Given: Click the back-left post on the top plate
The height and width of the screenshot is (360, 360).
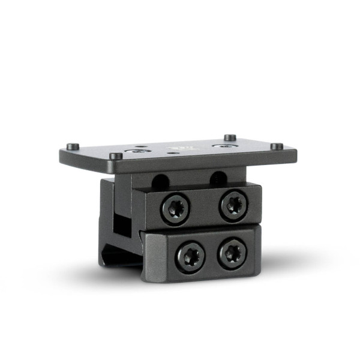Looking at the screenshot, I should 72,146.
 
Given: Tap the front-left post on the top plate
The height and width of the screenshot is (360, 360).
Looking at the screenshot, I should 116,156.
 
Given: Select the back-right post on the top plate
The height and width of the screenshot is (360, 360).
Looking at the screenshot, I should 230,137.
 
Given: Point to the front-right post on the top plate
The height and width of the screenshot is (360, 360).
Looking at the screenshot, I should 277,146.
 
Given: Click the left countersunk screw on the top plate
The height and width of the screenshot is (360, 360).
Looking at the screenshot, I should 140,150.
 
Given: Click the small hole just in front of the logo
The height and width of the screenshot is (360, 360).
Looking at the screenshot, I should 174,153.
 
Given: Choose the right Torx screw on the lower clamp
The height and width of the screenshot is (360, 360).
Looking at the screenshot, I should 232,253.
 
